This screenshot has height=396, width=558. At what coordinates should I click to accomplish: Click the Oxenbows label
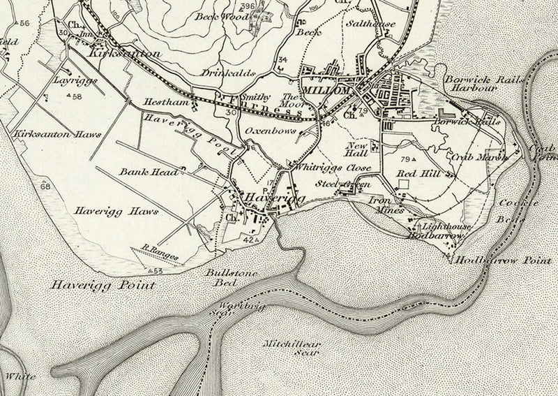click(x=266, y=131)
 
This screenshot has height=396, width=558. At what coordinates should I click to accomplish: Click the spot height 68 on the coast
click(x=45, y=186)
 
